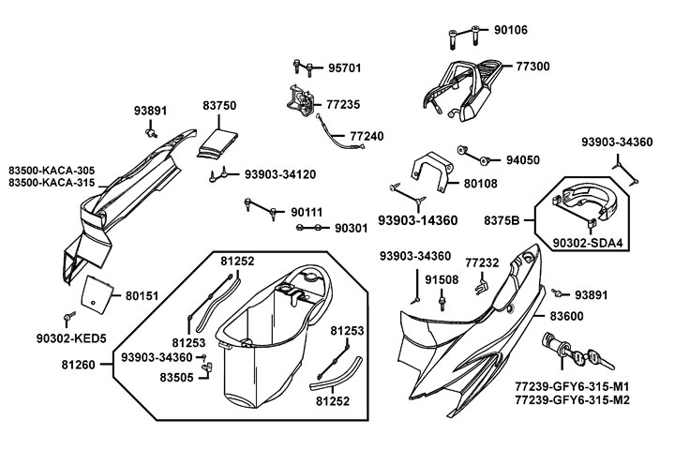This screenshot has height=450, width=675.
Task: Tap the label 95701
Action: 344,68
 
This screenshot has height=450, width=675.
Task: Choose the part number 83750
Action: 219,108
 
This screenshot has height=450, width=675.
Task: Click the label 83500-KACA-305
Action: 52,169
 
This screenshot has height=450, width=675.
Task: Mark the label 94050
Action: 523,160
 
